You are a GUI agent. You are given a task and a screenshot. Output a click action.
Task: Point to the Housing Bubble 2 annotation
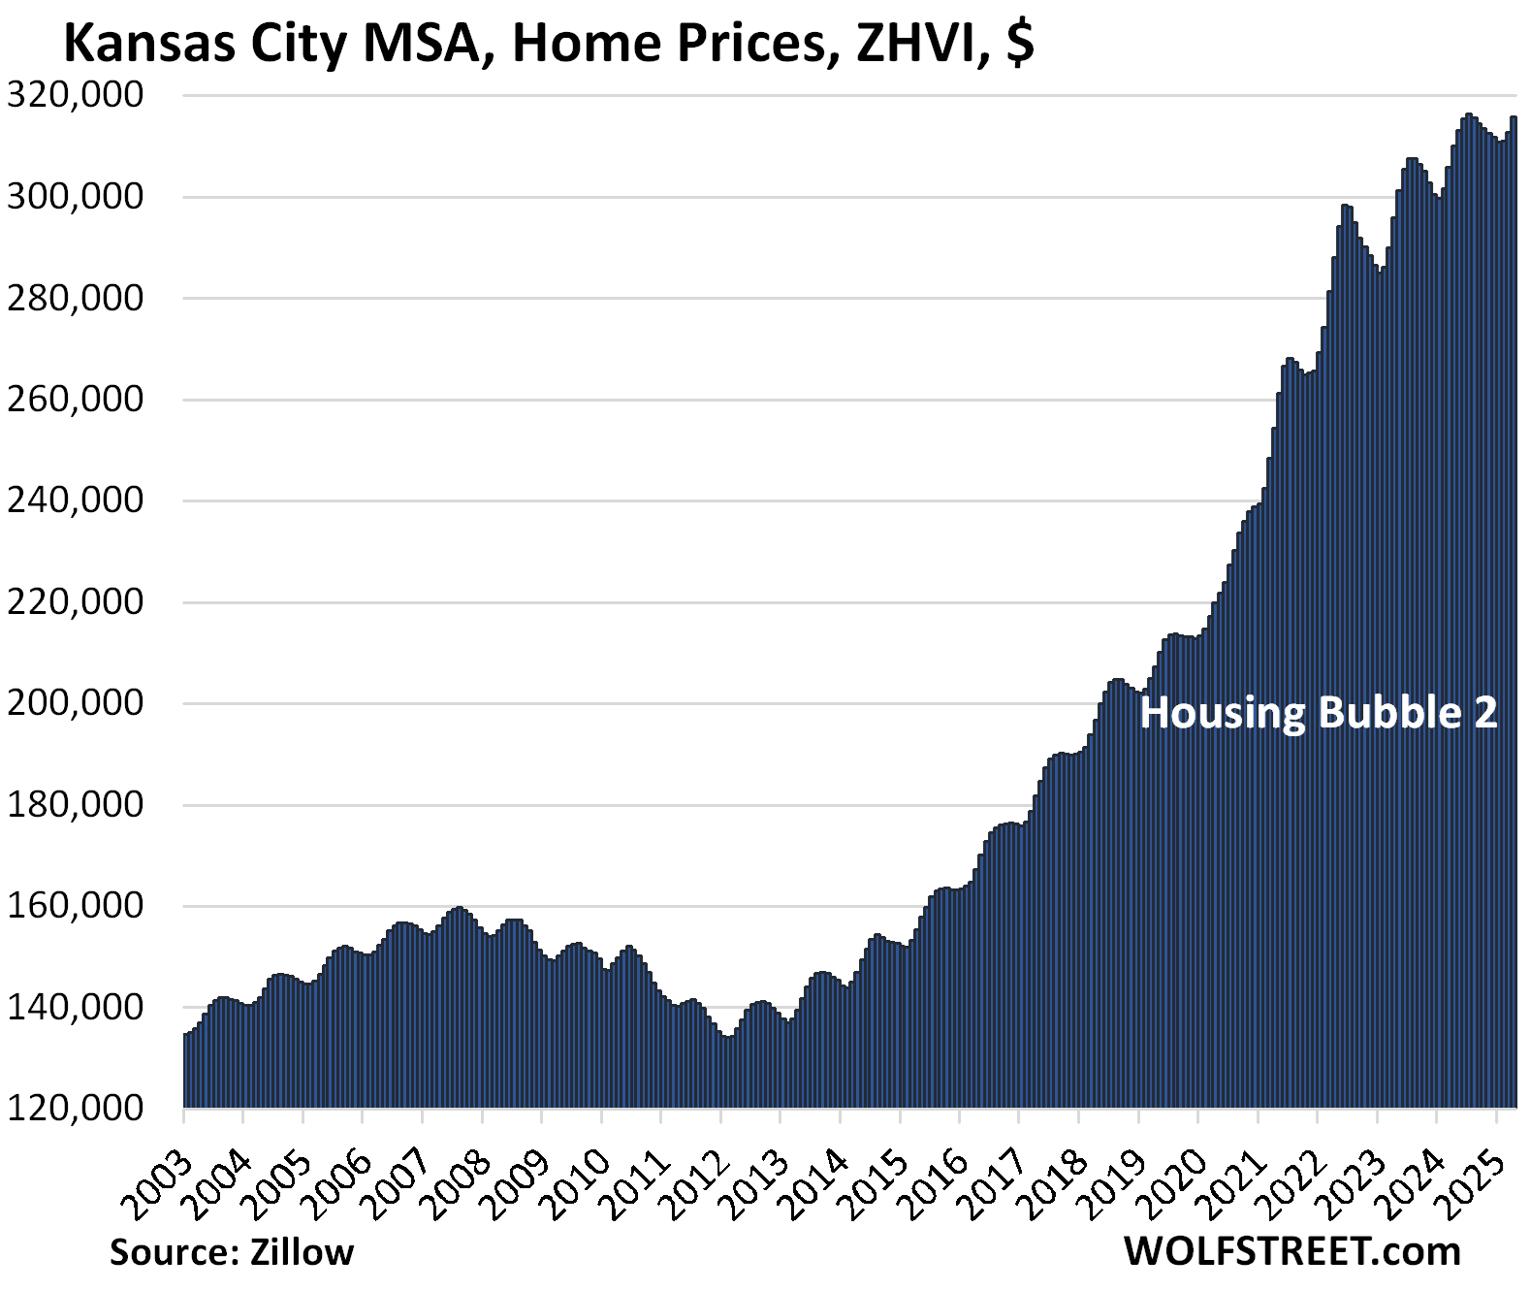coord(1319,713)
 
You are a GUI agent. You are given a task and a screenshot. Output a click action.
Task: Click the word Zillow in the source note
coord(302,1252)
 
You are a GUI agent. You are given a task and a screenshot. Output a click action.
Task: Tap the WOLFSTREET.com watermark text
coord(1292,1251)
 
